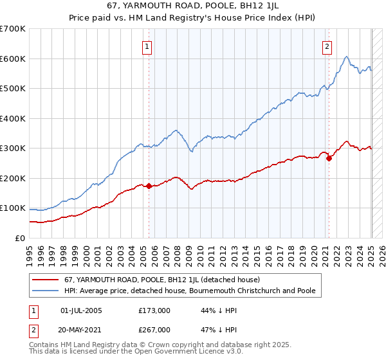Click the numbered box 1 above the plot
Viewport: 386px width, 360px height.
tap(147, 46)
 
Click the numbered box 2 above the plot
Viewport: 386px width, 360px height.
tap(327, 46)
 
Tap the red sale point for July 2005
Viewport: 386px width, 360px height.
tap(149, 186)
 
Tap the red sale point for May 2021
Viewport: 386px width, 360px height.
tap(329, 158)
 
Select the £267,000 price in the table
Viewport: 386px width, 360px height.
tap(154, 329)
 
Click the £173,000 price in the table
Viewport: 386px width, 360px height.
tap(154, 310)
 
